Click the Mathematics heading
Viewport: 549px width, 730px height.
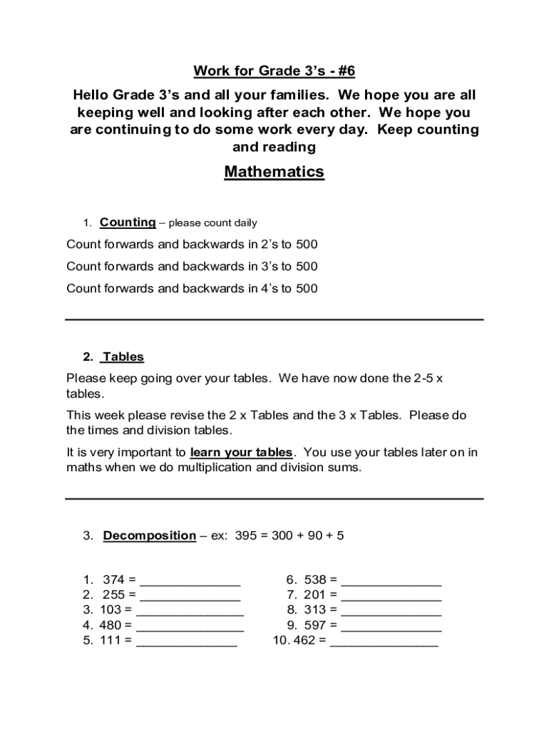(274, 172)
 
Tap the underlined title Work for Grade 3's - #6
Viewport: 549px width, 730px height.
(274, 71)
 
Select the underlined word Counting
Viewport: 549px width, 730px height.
(128, 222)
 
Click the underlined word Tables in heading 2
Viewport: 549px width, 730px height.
(123, 356)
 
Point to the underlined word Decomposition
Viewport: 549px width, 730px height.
(150, 535)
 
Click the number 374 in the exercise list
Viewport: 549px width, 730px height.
(114, 580)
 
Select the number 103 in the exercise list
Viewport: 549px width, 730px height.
(111, 610)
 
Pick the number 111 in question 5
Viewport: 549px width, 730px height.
(111, 640)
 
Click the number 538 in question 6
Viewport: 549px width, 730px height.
(315, 580)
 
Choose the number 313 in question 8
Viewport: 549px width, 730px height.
(315, 610)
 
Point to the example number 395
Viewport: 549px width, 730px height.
(245, 535)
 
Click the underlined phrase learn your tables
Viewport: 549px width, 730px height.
(242, 453)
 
